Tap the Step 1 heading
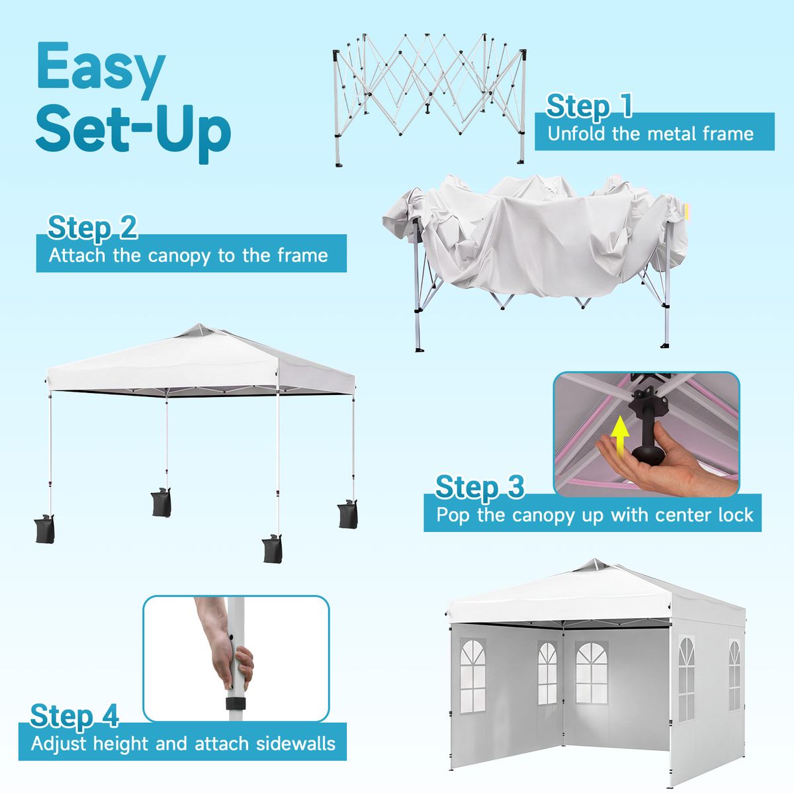click(x=589, y=107)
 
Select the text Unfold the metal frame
click(x=650, y=134)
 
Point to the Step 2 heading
click(x=92, y=228)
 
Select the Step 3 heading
click(x=480, y=487)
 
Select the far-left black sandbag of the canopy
click(x=45, y=529)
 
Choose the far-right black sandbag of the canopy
click(x=348, y=514)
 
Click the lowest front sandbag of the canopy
click(x=273, y=549)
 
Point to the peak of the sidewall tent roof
click(x=595, y=560)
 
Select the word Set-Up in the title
click(x=133, y=131)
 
